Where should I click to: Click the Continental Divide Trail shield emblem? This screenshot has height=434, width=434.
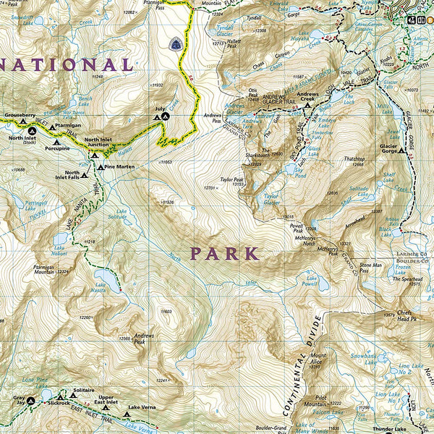click(175, 44)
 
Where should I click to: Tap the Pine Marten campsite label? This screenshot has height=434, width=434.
click(120, 167)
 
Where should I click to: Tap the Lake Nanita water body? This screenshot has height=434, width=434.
click(105, 278)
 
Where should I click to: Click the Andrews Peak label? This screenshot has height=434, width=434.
click(144, 337)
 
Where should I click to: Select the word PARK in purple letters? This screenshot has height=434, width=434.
click(224, 253)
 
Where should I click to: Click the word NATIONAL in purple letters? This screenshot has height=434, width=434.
click(69, 65)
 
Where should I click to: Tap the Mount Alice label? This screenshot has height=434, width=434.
click(318, 359)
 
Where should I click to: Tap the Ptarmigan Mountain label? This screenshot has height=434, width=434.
click(45, 269)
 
